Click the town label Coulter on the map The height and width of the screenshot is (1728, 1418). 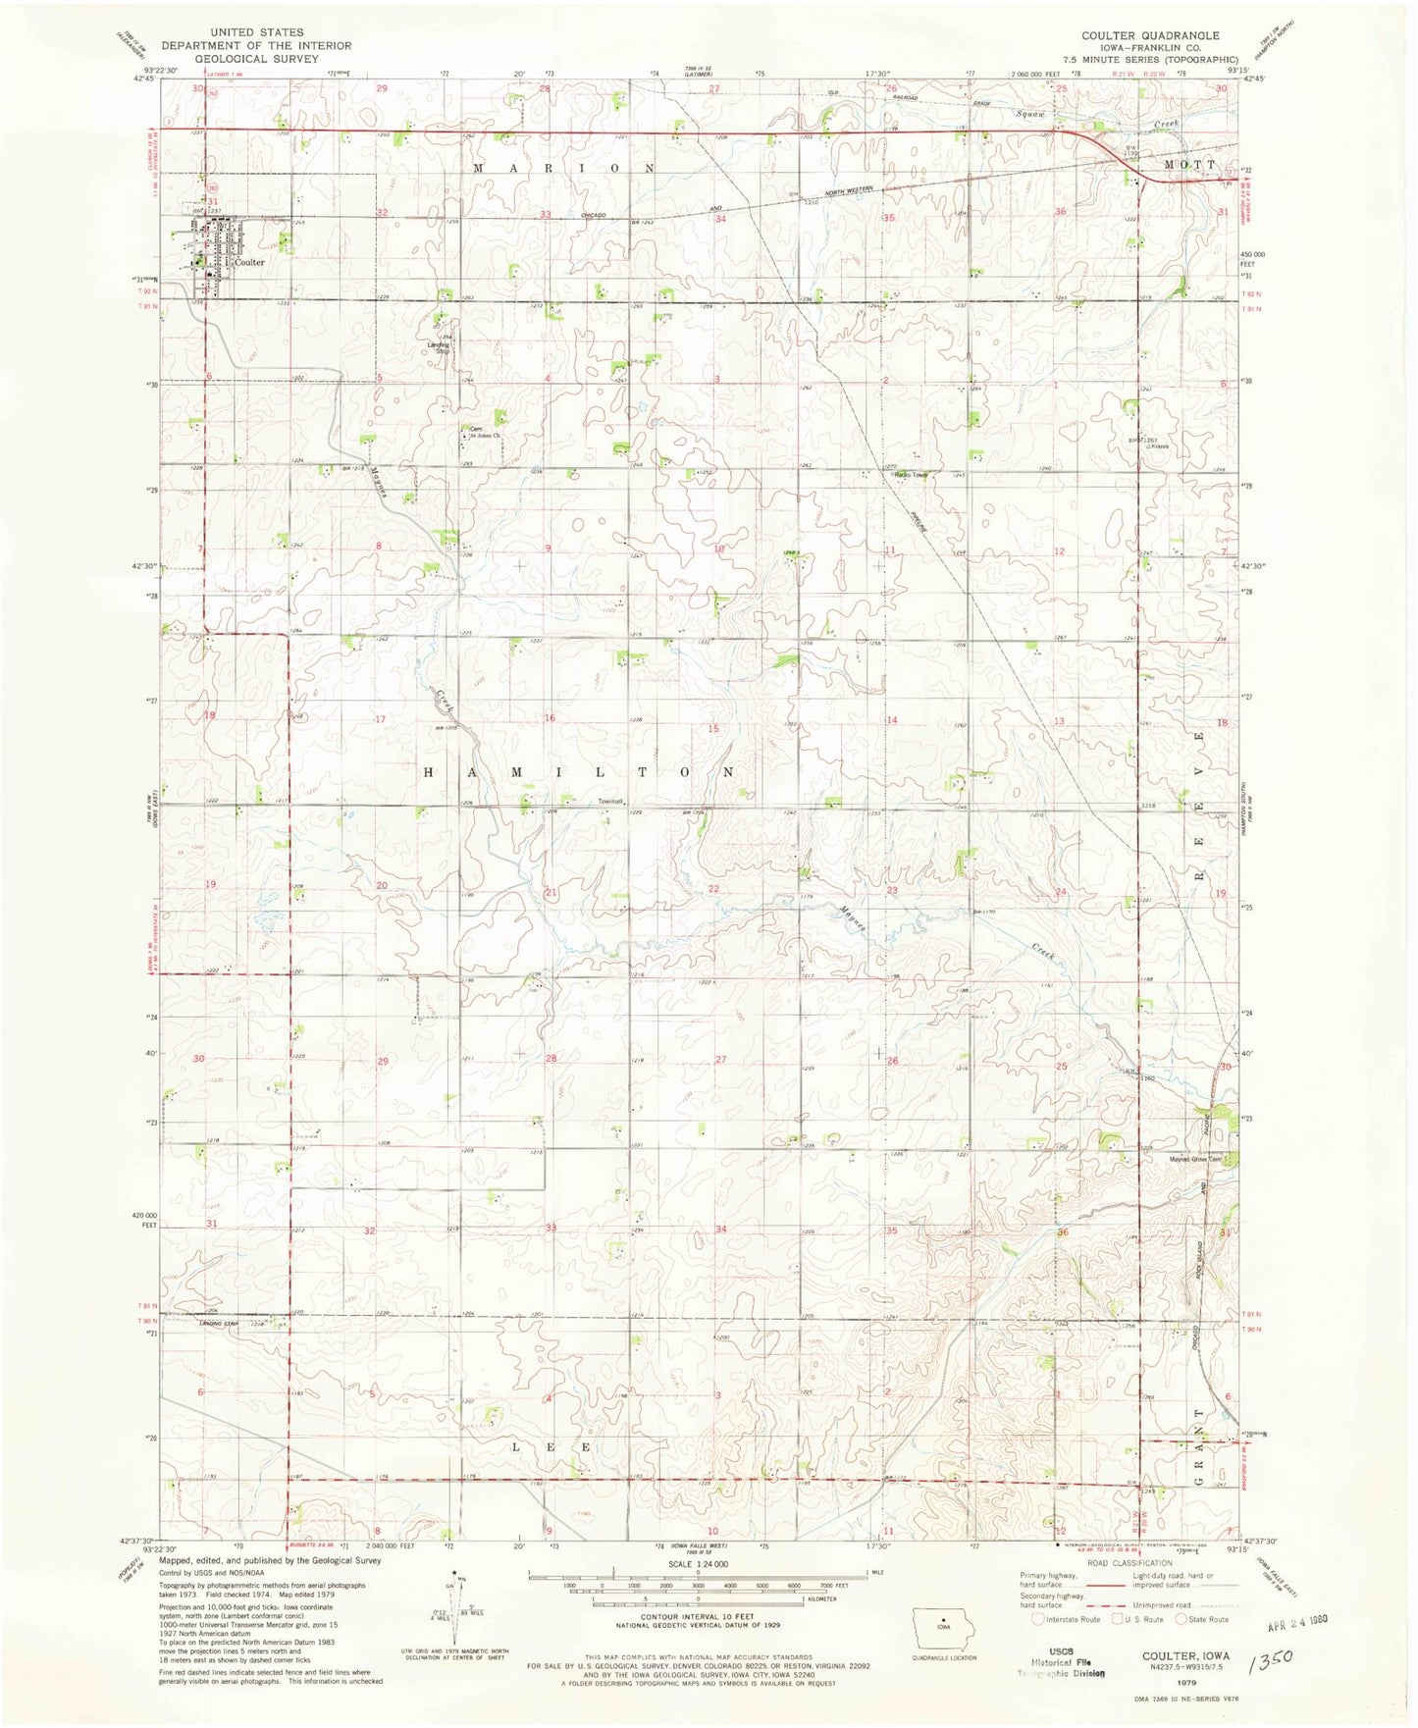pos(249,263)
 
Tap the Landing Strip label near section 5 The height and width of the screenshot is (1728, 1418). pos(439,346)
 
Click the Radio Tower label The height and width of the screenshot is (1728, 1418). pos(912,476)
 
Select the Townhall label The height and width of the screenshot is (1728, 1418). pos(611,802)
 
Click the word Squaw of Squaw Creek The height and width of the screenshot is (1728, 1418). pos(1028,114)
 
